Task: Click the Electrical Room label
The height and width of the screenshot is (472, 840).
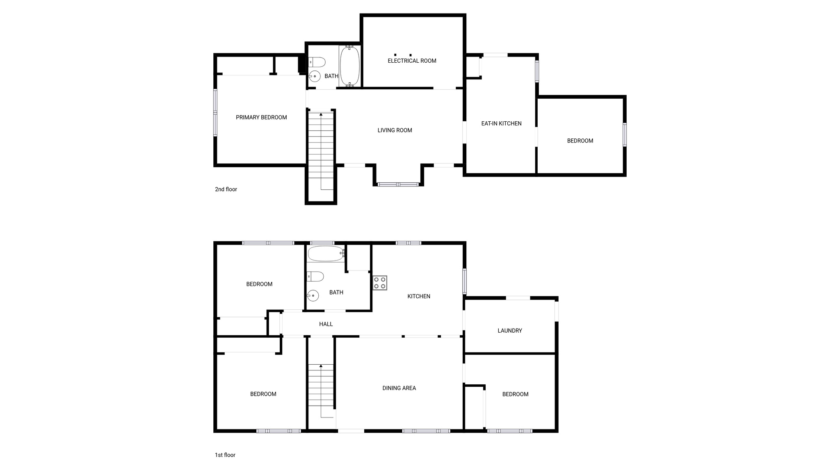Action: [x=412, y=61]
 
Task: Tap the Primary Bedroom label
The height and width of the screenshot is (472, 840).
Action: [x=261, y=118]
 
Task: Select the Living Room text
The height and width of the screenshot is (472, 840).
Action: [x=395, y=130]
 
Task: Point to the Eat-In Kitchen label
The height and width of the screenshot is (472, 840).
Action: [x=501, y=123]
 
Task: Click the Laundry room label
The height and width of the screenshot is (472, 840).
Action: [x=509, y=331]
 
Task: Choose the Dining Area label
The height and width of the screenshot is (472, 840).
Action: [x=399, y=388]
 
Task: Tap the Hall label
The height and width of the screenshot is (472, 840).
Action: [x=326, y=324]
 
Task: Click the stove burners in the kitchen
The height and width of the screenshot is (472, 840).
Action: [x=380, y=283]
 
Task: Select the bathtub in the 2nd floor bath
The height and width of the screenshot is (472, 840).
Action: [x=350, y=66]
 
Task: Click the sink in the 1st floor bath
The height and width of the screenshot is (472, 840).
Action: [x=313, y=295]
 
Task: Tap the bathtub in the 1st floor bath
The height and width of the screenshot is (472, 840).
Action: [x=326, y=254]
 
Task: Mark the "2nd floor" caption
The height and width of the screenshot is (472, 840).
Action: [x=226, y=189]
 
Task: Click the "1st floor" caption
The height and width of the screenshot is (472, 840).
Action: [x=225, y=455]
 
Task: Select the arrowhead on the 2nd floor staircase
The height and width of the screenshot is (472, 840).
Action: [x=321, y=114]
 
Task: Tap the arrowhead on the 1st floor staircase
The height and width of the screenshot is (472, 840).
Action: [x=321, y=365]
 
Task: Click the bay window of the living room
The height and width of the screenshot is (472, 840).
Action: [x=398, y=184]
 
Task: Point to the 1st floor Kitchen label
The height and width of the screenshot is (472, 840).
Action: [x=419, y=296]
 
